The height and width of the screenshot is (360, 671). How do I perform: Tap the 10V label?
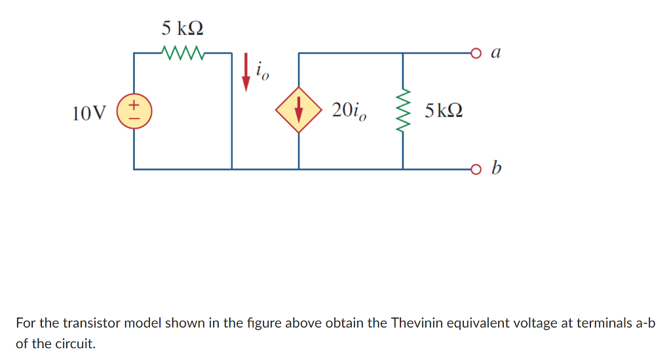click(x=88, y=113)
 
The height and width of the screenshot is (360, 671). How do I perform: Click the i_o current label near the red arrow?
click(x=261, y=70)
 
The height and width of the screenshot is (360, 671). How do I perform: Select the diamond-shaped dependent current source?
click(x=299, y=110)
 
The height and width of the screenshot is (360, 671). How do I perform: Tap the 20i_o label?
click(x=349, y=111)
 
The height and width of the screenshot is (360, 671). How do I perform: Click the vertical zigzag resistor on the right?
click(x=403, y=110)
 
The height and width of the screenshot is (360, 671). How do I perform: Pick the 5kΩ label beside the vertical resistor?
click(x=444, y=111)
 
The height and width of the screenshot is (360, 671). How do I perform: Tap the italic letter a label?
click(x=495, y=52)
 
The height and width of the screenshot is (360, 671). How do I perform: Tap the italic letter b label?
click(x=496, y=169)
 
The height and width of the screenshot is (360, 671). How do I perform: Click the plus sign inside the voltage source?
click(x=134, y=103)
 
